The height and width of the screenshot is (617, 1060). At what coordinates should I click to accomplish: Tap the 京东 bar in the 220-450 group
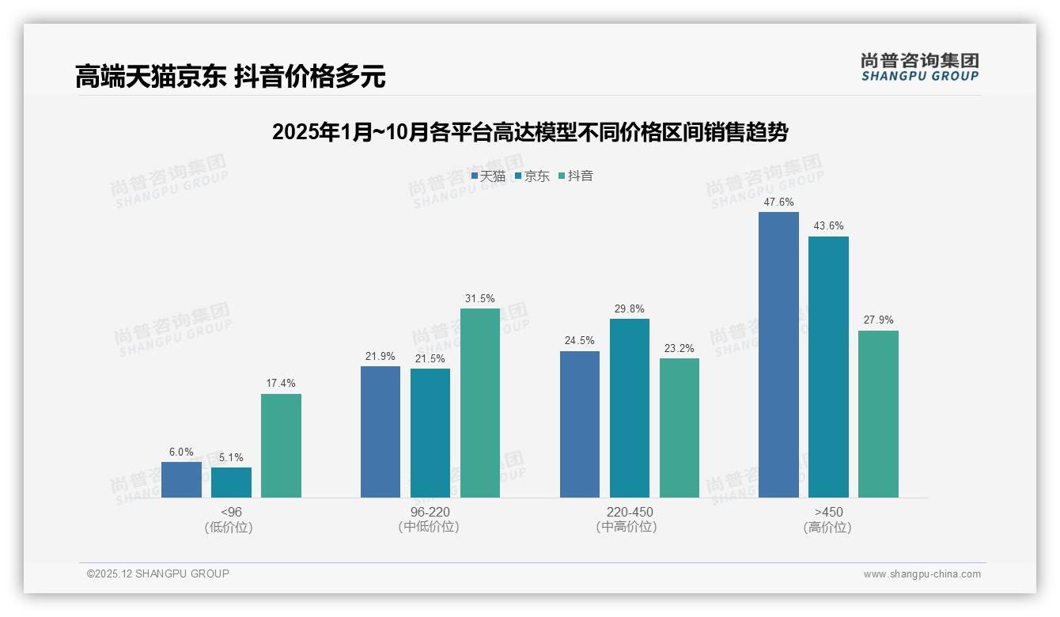tap(630, 408)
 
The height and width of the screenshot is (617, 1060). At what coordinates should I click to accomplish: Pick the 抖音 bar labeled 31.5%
tap(480, 403)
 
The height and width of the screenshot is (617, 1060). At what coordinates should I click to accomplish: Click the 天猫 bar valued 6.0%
tap(181, 479)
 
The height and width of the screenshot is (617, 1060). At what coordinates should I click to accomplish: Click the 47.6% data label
tap(778, 203)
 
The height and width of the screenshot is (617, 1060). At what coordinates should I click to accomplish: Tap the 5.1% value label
tap(231, 457)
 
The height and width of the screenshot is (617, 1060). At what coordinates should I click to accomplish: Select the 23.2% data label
tap(680, 348)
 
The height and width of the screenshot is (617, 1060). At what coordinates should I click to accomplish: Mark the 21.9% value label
tap(380, 357)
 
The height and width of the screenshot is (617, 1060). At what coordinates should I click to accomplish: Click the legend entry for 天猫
tap(488, 176)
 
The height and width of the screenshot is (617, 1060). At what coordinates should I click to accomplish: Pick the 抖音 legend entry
tap(576, 176)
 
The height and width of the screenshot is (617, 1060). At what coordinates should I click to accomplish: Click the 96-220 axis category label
tap(430, 512)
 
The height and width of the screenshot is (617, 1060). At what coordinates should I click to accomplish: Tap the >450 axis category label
tap(827, 512)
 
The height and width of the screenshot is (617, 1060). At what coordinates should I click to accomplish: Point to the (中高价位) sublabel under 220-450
tap(629, 527)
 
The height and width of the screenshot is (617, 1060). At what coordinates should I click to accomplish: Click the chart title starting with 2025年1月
tap(529, 132)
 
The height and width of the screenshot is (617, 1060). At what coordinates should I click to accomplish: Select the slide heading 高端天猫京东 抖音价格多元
tap(230, 77)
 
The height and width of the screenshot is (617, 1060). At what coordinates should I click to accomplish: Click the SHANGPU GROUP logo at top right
tap(919, 67)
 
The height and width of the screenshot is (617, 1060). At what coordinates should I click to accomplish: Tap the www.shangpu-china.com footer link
tap(922, 574)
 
